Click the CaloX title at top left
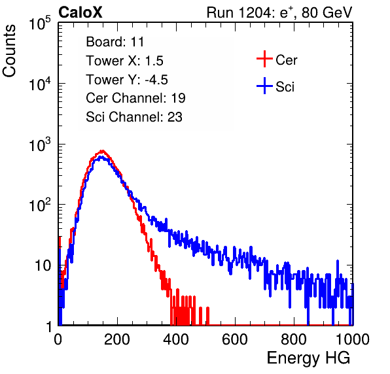coord(80,12)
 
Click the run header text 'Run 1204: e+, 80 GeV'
coord(279,12)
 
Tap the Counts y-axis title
coord(9,51)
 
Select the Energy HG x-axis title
coord(308,358)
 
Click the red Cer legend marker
coord(264,59)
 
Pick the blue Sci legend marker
coord(264,86)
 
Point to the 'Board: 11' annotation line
coord(115,42)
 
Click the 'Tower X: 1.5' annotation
coord(124,61)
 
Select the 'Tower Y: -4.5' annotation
coord(127,80)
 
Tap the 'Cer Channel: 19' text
coord(135,98)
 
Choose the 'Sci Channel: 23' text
coord(134,117)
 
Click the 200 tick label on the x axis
coord(117,339)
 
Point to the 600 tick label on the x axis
coord(235,339)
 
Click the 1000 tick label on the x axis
coord(353,339)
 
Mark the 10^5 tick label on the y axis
coord(40,24)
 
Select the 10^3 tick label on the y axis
coord(40,145)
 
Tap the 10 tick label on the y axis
coord(43,266)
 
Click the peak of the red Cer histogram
coord(102,150)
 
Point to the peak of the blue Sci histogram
coord(101,157)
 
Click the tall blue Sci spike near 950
coord(338,267)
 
